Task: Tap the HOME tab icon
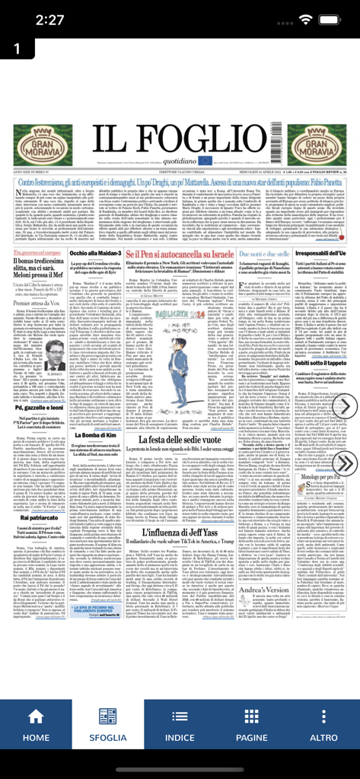[x=36, y=717]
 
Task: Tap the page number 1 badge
[x=15, y=49]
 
